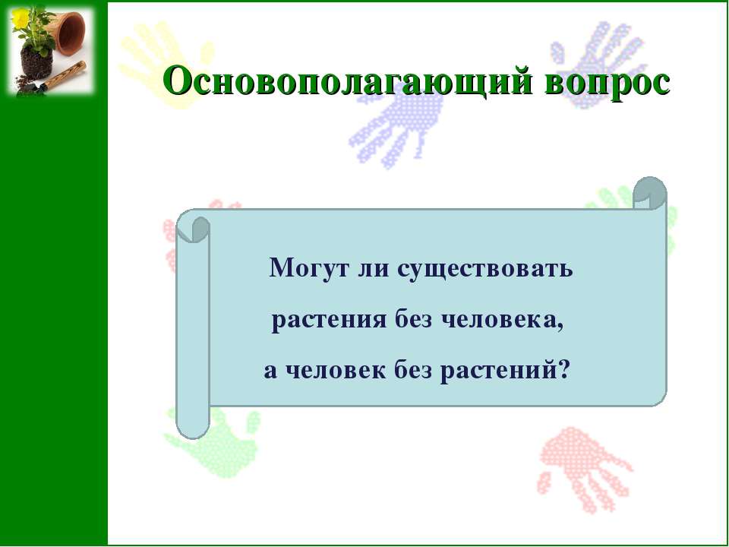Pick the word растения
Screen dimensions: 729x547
tap(329, 321)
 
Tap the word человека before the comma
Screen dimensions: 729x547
tap(500, 320)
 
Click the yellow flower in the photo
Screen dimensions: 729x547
tap(20, 17)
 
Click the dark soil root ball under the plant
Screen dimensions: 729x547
tap(36, 62)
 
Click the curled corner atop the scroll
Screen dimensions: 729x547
tap(650, 193)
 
